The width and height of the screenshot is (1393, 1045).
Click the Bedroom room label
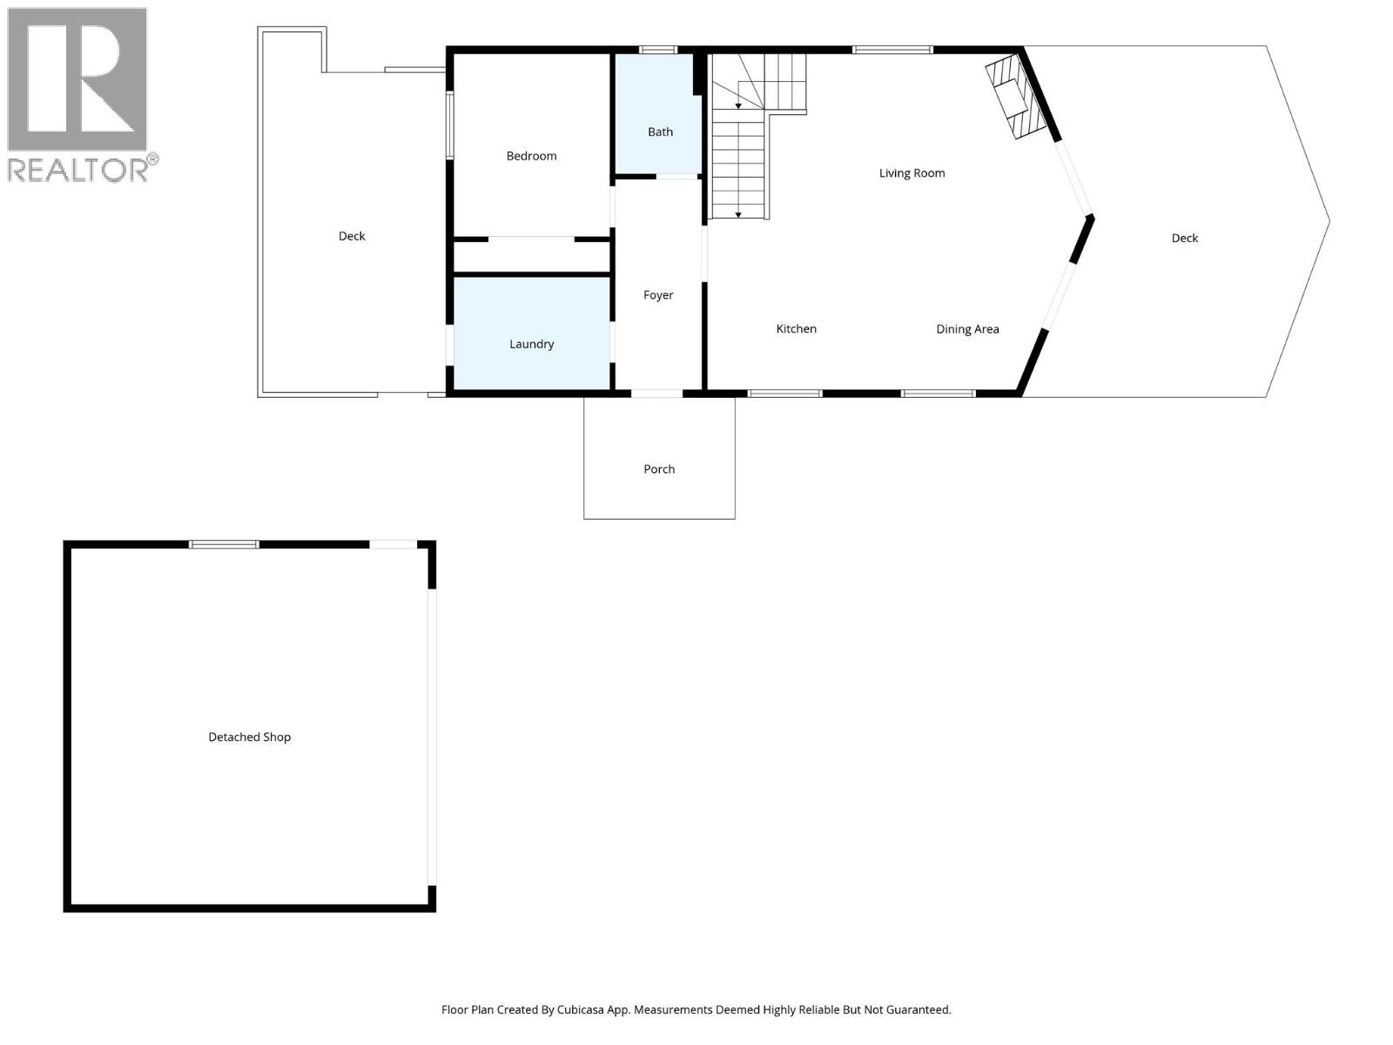pyautogui.click(x=531, y=156)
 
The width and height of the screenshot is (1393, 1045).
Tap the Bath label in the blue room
pyautogui.click(x=660, y=132)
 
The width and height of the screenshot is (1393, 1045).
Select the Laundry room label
pyautogui.click(x=531, y=344)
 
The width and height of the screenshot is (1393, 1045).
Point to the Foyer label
pyautogui.click(x=658, y=295)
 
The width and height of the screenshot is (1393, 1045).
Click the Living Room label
pyautogui.click(x=912, y=173)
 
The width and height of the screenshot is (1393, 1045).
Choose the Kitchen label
pyautogui.click(x=796, y=329)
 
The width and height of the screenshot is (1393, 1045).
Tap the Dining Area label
pyautogui.click(x=967, y=329)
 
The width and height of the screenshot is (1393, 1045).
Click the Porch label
pyautogui.click(x=659, y=469)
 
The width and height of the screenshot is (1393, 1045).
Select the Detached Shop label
pyautogui.click(x=249, y=737)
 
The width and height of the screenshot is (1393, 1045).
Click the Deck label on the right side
pyautogui.click(x=1184, y=238)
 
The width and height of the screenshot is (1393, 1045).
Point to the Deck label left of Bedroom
pyautogui.click(x=352, y=236)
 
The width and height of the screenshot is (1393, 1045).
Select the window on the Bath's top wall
pyautogui.click(x=658, y=50)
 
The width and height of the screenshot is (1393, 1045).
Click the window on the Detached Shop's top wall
pyautogui.click(x=225, y=544)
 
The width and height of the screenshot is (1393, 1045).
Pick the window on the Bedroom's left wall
pyautogui.click(x=450, y=125)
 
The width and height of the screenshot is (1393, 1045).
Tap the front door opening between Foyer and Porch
pyautogui.click(x=656, y=394)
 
